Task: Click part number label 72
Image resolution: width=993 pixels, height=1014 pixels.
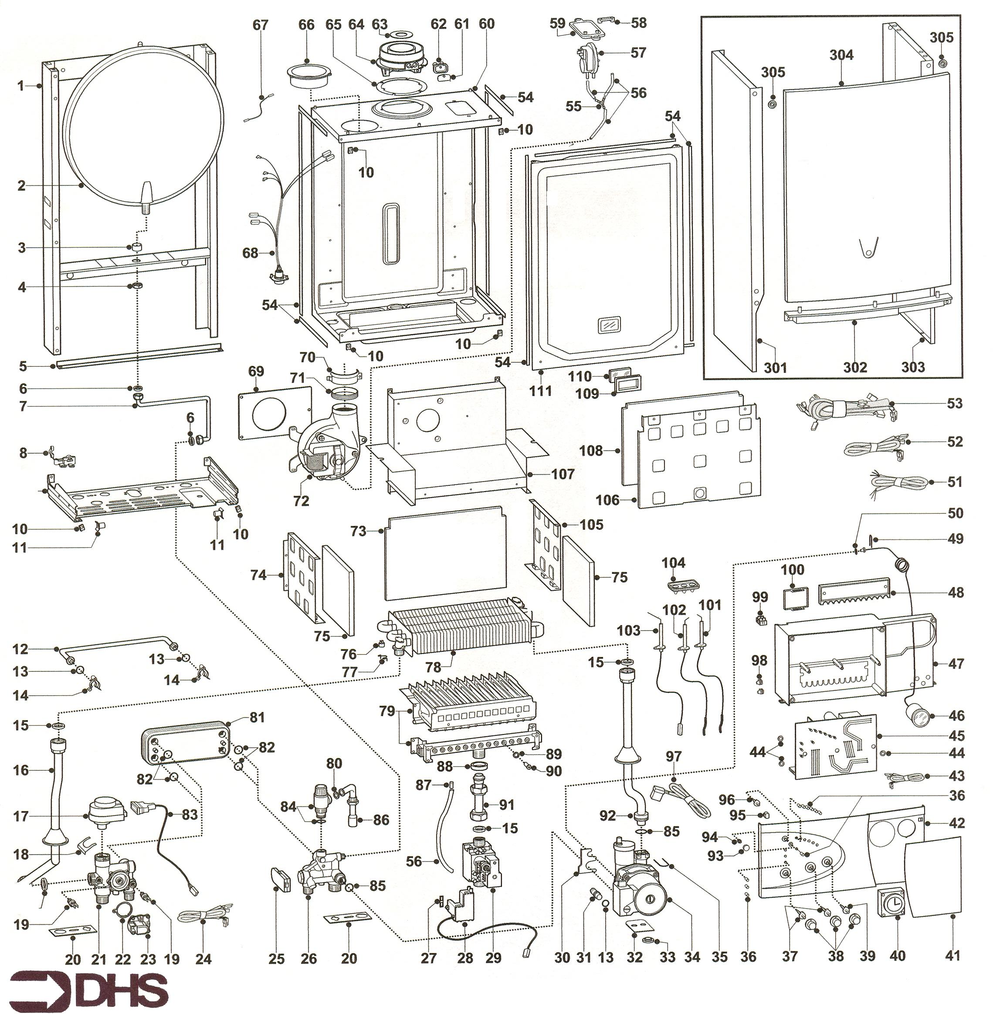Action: [301, 501]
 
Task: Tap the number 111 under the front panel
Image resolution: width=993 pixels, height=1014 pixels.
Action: [540, 390]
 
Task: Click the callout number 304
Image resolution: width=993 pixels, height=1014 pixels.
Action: [841, 55]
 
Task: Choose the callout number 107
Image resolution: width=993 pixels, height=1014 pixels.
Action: [563, 474]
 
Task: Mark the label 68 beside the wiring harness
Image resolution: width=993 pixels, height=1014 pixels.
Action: [251, 253]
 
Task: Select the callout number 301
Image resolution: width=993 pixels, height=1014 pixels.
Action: [775, 368]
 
